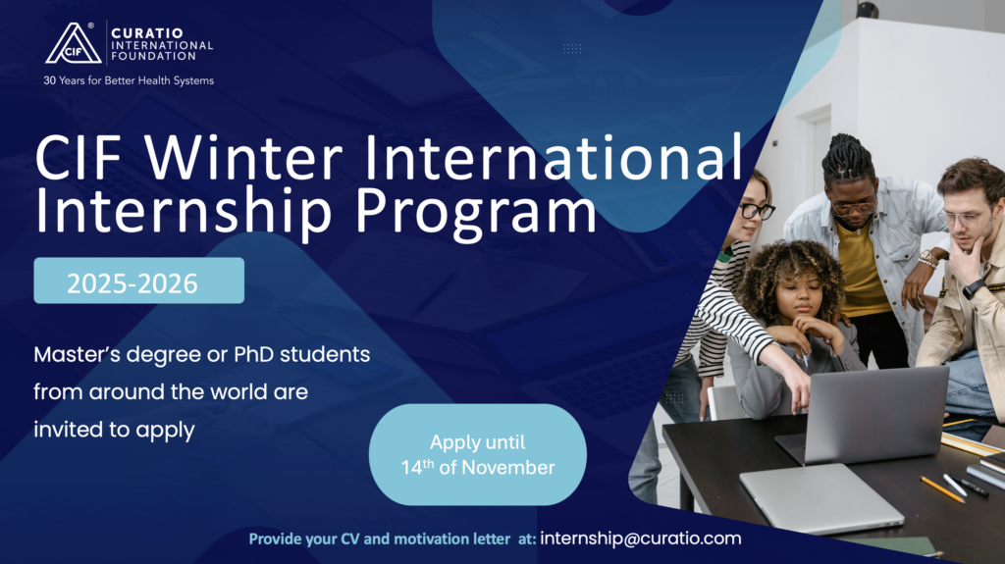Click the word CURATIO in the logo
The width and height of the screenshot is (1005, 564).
(x=147, y=33)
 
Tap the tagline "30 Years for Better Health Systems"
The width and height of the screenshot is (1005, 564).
(x=129, y=80)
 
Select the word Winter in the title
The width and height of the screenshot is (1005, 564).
(x=243, y=157)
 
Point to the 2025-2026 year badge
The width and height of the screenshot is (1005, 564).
(x=139, y=281)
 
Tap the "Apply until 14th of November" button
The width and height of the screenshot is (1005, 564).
(x=478, y=454)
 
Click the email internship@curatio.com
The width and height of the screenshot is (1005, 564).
(x=640, y=538)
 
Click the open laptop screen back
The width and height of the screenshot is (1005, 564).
(x=875, y=412)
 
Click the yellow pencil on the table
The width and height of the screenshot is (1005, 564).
(x=942, y=489)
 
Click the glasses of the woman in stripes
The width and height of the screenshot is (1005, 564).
(x=757, y=210)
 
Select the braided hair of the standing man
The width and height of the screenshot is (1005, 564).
(x=847, y=158)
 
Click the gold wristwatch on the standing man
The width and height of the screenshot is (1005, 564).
(x=927, y=259)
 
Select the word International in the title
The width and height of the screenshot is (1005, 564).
(x=554, y=157)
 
